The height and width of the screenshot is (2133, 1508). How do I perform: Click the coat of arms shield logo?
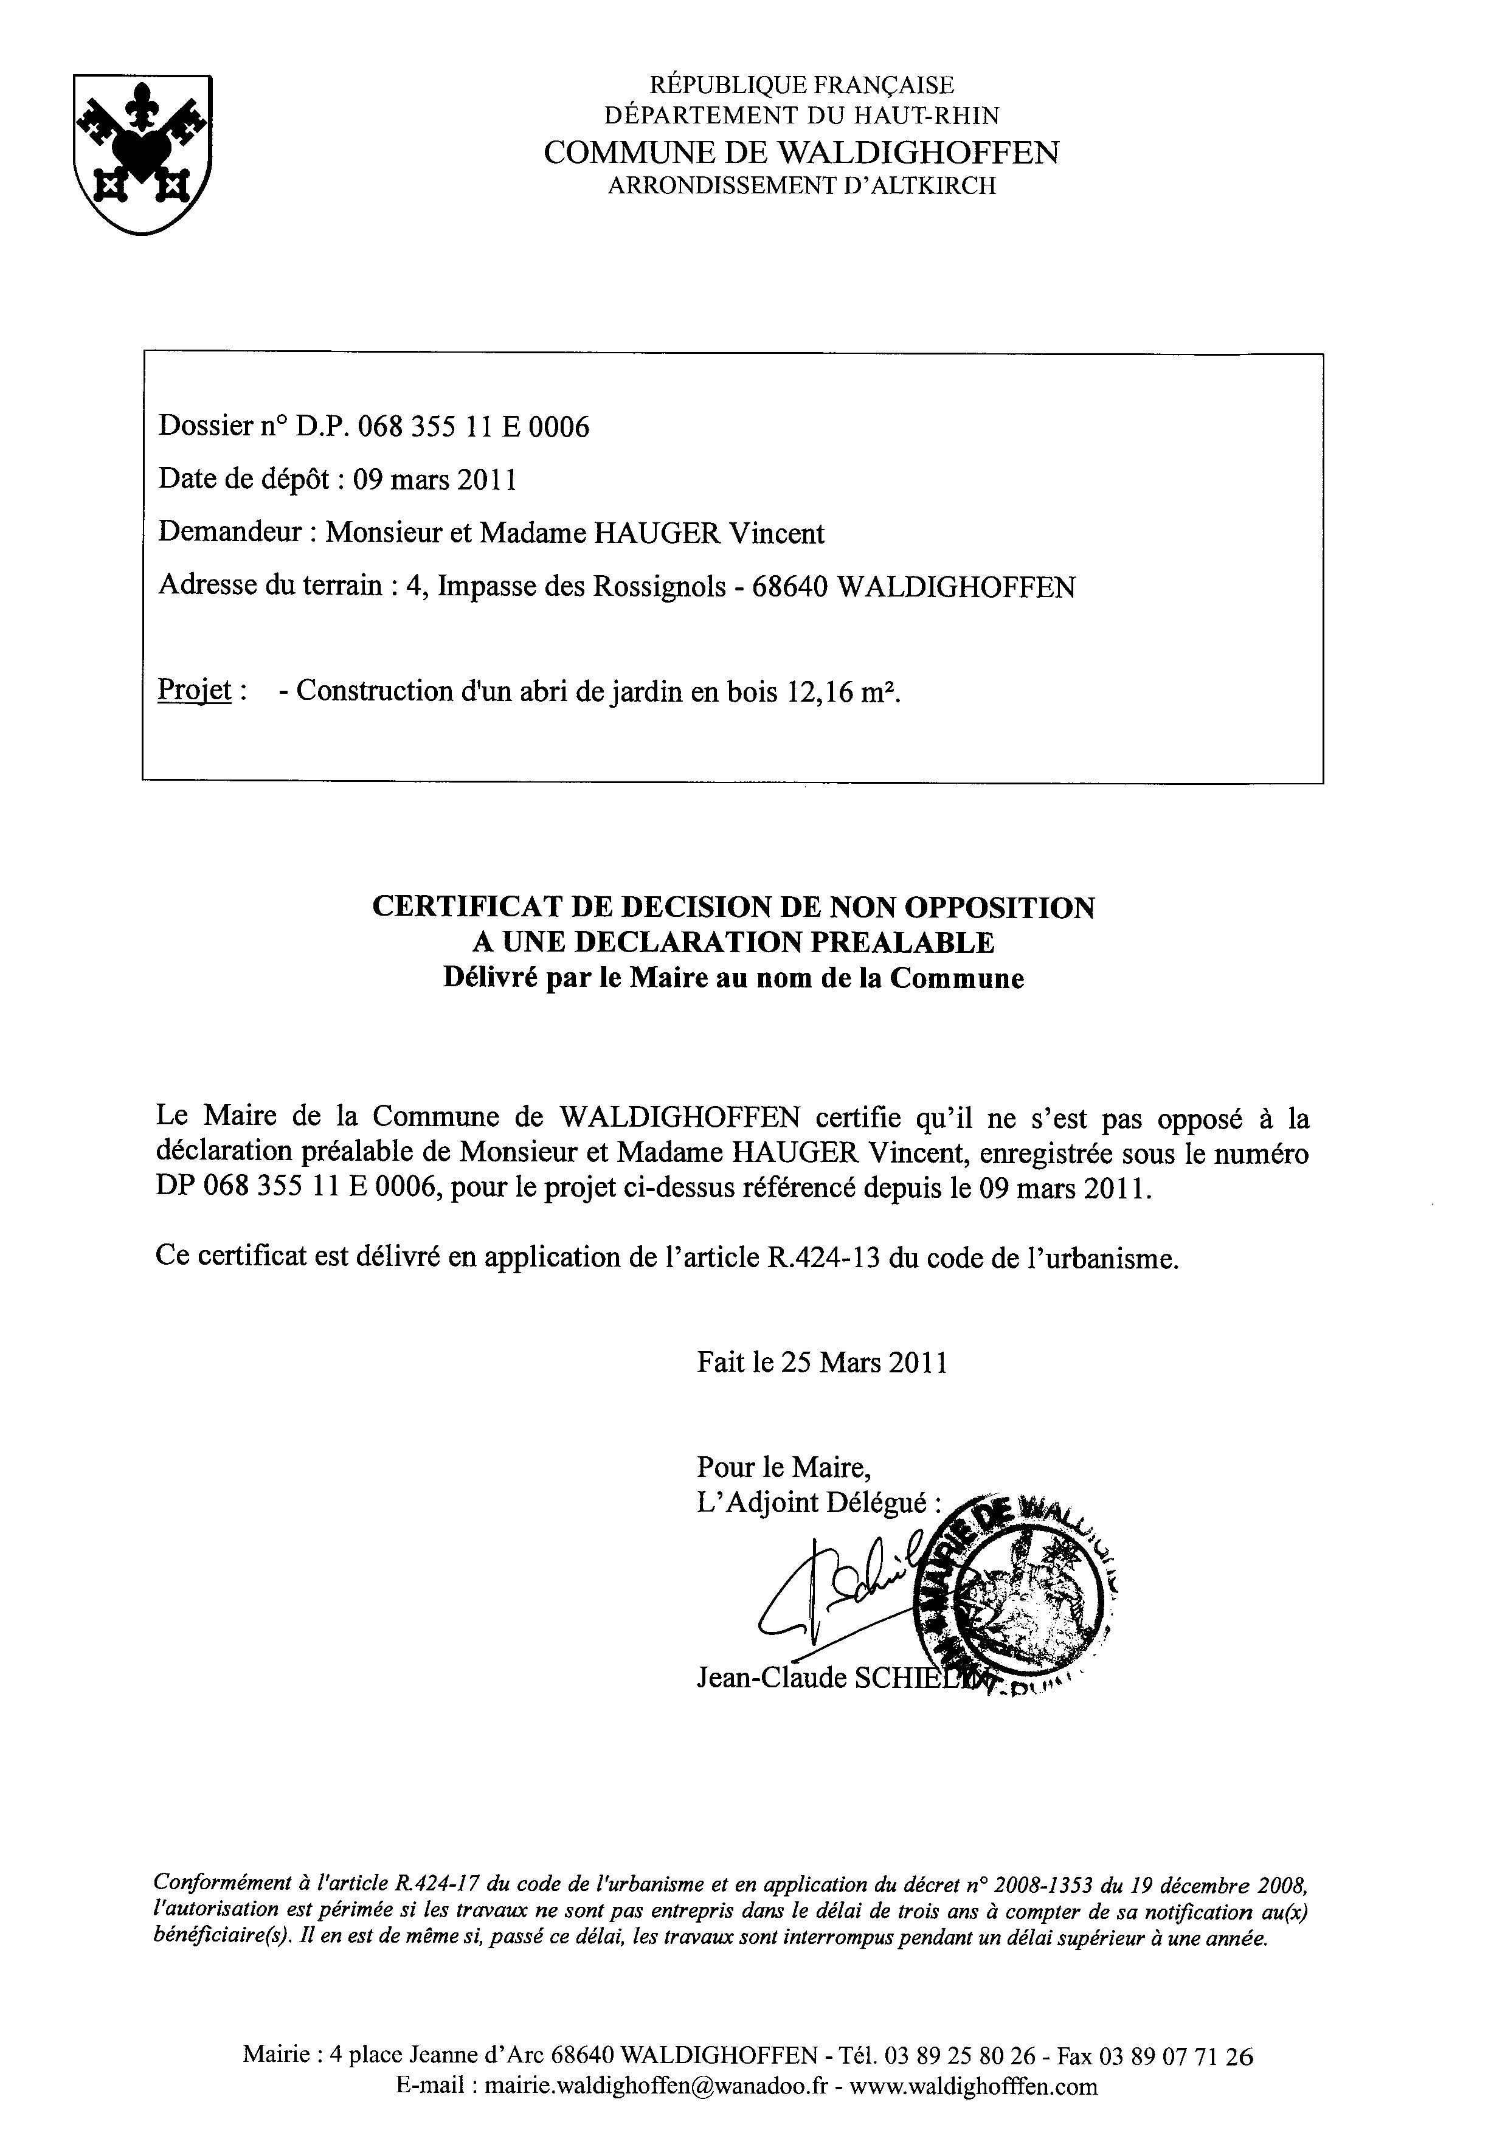coord(143,153)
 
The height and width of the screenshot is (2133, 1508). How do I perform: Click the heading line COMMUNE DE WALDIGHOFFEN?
coord(801,153)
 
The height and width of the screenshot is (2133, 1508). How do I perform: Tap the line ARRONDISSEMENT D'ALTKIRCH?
coord(801,186)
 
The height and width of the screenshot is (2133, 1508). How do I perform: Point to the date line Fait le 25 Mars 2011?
coord(822,1363)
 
